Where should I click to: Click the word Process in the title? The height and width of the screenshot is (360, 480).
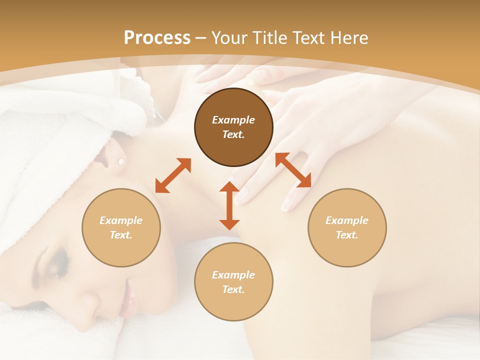pos(157,38)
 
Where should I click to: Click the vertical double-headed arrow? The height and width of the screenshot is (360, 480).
pos(229,205)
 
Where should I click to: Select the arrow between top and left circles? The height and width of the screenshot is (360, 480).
pos(173,175)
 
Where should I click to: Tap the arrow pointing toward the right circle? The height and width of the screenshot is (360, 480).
pos(293,170)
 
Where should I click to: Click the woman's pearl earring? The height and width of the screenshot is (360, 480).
pos(120,161)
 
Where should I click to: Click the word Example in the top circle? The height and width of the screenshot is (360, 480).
pos(233,120)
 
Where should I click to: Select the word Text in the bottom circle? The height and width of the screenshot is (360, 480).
pos(233,289)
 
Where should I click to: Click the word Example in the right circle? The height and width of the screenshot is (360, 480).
pos(347,220)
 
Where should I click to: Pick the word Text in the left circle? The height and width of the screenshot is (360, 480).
pos(121,235)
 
